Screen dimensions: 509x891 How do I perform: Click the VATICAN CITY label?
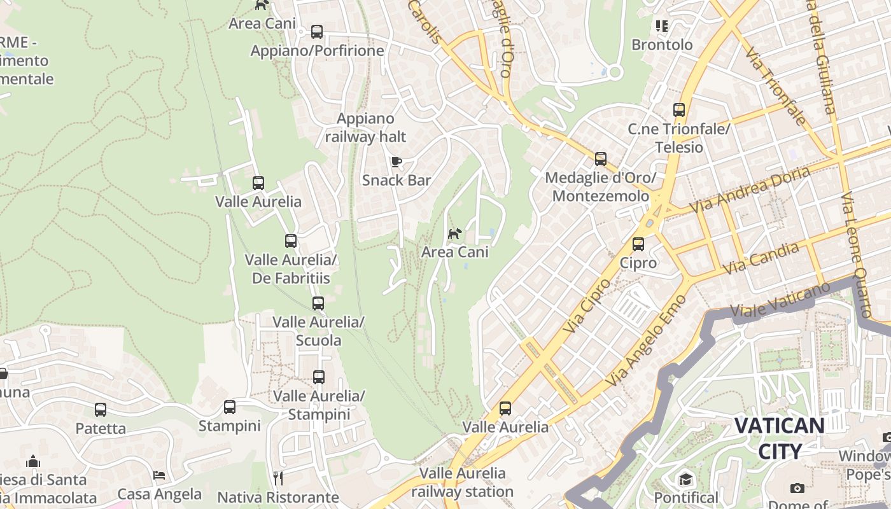780,438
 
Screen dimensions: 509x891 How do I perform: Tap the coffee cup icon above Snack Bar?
396,162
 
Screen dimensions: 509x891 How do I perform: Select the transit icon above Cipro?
638,244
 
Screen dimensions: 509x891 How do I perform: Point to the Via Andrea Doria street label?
750,190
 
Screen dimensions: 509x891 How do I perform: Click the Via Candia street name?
761,258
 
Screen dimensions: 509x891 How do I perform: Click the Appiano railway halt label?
365,127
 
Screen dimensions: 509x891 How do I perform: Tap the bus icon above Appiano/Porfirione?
316,32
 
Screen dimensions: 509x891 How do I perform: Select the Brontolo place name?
662,45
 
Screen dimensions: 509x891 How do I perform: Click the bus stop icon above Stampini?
230,407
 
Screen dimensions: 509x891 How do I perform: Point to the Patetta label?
101,428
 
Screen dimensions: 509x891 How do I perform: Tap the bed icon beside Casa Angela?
159,475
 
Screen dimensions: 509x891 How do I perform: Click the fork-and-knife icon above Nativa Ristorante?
277,478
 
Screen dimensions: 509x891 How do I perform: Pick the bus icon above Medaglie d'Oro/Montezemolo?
600,159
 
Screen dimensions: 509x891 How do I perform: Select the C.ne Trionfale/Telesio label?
678,138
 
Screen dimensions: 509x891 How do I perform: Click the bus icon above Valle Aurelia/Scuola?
318,303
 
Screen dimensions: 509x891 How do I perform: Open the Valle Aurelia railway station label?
462,482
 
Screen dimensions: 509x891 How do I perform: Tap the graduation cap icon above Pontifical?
685,479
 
